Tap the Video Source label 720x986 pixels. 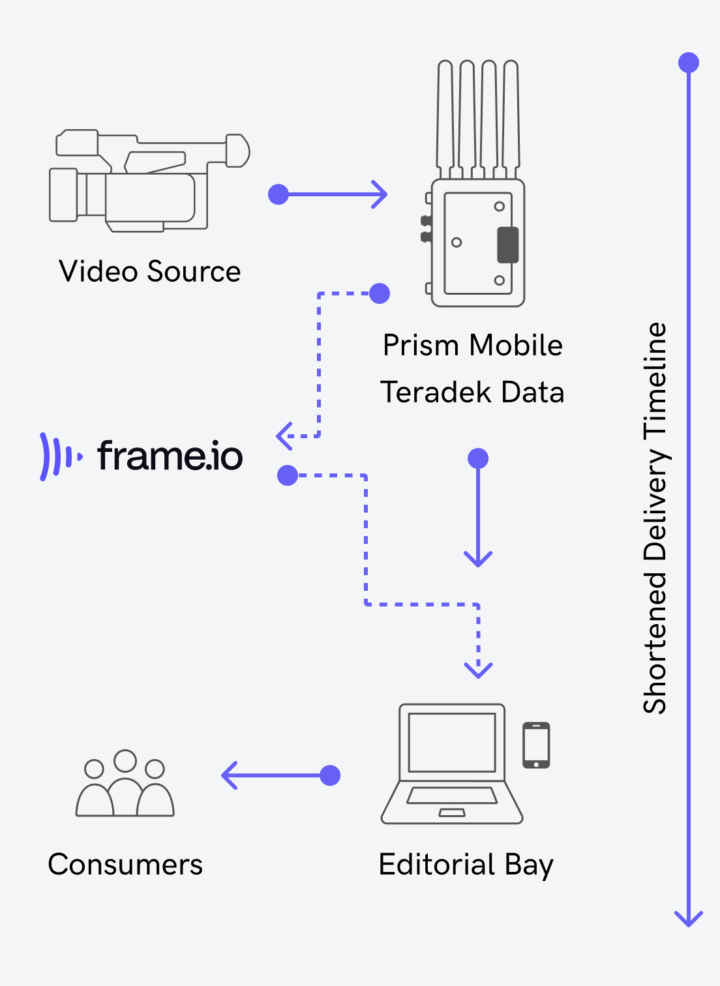[149, 271]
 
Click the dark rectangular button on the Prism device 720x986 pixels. [507, 245]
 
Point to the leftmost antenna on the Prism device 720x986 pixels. [445, 117]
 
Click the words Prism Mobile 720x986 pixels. [472, 345]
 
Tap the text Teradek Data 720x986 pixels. [472, 392]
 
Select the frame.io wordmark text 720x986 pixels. [170, 456]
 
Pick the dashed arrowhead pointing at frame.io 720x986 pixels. [284, 436]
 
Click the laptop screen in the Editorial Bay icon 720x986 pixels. [451, 742]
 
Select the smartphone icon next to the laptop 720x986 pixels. [536, 745]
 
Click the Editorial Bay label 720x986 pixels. [466, 865]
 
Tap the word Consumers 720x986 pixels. [125, 865]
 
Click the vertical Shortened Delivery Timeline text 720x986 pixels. [655, 518]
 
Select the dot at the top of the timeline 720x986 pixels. [689, 63]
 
